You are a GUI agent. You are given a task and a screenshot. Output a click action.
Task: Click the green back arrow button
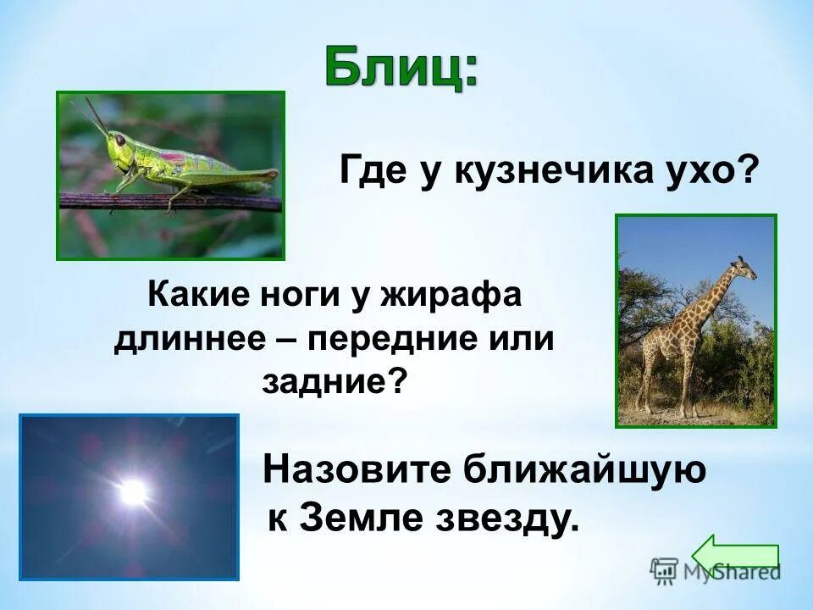tap(735, 555)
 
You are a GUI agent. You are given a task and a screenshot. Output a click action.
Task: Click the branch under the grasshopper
tap(169, 202)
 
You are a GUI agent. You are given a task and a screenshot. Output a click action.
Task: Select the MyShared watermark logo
tap(716, 571)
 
